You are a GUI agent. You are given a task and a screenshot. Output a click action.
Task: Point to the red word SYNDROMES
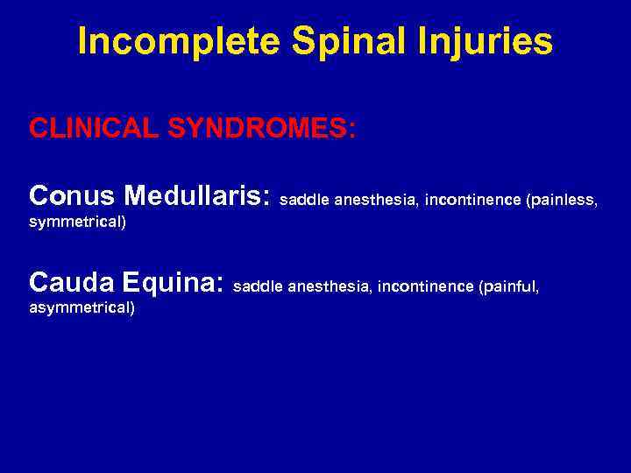262,129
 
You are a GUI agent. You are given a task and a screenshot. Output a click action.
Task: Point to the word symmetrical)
77,222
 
